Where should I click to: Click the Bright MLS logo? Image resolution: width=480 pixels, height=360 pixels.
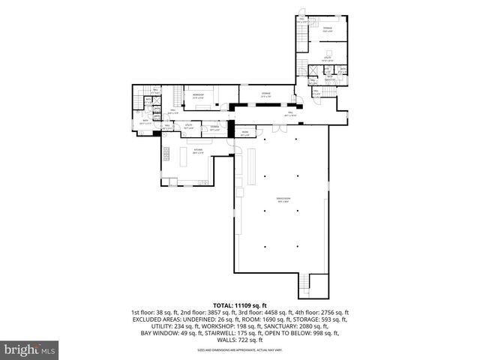pyautogui.click(x=30, y=349)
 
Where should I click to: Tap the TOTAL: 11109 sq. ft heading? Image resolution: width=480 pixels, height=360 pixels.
pyautogui.click(x=240, y=305)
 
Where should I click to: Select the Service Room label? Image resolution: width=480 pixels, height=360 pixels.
pyautogui.click(x=283, y=199)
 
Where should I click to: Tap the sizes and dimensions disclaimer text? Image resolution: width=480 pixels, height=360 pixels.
pyautogui.click(x=240, y=349)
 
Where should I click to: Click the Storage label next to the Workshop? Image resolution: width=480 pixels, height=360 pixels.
pyautogui.click(x=266, y=94)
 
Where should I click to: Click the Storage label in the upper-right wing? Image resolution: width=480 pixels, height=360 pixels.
pyautogui.click(x=327, y=30)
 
